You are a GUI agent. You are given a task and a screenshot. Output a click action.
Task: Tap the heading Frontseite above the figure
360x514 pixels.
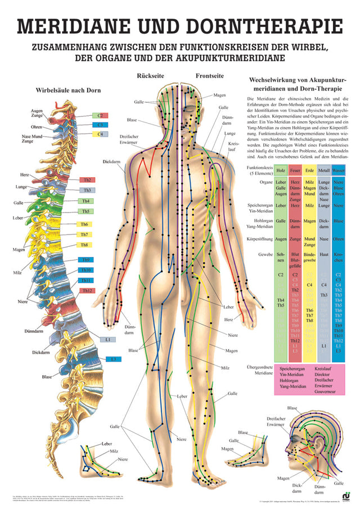(209, 75)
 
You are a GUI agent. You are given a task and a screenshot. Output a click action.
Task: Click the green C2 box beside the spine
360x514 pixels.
(99, 115)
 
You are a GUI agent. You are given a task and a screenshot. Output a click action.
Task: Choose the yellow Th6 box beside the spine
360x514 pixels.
(83, 224)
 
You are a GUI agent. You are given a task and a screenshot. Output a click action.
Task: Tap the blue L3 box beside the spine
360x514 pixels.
(114, 358)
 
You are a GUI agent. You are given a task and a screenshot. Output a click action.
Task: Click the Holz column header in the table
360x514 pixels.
(281, 169)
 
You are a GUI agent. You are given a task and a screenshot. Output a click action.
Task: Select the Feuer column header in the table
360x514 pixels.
(295, 169)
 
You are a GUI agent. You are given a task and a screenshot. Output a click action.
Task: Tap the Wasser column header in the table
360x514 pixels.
(338, 169)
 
